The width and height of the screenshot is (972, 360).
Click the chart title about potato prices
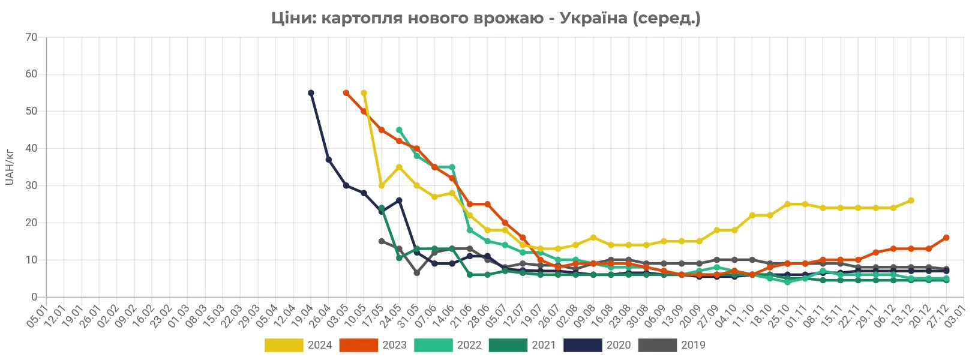tap(485, 18)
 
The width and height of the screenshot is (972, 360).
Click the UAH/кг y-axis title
tap(9, 167)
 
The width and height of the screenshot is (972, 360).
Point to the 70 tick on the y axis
tap(31, 37)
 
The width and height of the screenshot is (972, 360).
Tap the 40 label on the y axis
tap(31, 148)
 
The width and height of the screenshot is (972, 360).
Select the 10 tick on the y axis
tap(31, 260)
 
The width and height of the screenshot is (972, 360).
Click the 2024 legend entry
tap(298, 345)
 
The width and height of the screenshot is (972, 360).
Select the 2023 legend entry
tap(373, 345)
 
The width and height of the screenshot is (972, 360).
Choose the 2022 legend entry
tap(448, 345)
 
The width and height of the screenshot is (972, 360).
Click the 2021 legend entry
tap(523, 345)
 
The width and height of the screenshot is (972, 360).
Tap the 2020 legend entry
tap(597, 345)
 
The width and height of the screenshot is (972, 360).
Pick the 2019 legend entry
tap(671, 345)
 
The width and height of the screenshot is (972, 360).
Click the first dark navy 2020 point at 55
tap(311, 93)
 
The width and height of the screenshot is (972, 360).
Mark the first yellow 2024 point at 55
tap(364, 93)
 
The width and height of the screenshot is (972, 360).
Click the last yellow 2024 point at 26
tap(911, 200)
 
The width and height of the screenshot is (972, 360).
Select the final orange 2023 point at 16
tap(946, 238)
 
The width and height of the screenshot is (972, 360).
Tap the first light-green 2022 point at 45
tap(399, 130)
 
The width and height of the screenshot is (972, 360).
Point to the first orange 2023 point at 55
tap(346, 93)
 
